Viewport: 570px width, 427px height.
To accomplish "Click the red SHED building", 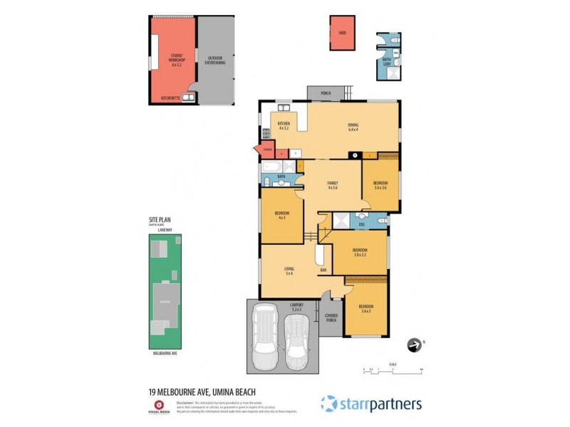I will (x=342, y=33).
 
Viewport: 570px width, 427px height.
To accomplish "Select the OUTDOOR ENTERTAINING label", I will (x=215, y=61).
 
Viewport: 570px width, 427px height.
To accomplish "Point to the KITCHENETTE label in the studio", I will (x=170, y=97).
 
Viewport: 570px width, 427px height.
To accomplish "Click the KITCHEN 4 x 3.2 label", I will (x=283, y=127).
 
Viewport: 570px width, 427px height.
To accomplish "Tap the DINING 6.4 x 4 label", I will (x=353, y=127).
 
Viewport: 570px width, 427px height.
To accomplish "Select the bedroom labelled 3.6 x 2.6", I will (x=380, y=185).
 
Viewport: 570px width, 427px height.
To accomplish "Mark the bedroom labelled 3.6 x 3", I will (x=366, y=309).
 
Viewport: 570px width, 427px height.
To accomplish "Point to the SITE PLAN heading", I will (x=160, y=220).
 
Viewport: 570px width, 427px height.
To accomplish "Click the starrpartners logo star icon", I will (x=328, y=404).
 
